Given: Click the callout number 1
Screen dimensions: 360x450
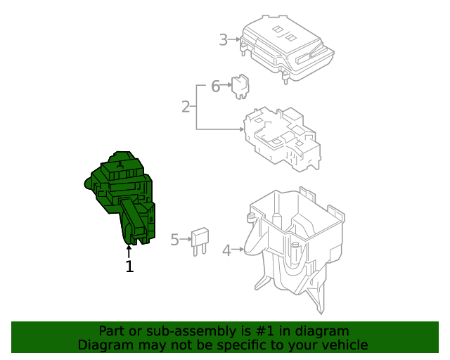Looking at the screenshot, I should tap(129, 266).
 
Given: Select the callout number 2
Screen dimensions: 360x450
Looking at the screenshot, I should tap(186, 107).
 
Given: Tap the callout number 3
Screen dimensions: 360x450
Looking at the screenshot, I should tap(223, 40).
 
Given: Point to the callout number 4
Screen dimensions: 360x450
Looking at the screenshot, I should tap(226, 250).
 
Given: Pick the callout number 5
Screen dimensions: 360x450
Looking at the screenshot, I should tap(175, 240).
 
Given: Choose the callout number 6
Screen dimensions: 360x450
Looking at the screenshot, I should tap(216, 86).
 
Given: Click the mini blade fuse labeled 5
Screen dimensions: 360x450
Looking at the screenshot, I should tap(201, 239).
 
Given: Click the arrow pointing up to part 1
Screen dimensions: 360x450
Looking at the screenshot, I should tap(129, 252).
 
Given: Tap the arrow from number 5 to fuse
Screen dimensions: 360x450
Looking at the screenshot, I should tap(187, 240).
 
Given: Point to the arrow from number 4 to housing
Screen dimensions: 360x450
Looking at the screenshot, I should tap(239, 250).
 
